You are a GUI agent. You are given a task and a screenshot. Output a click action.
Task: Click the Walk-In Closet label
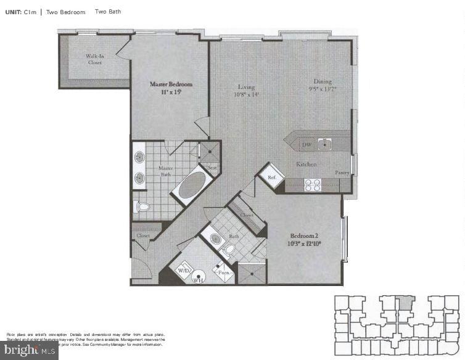point(95,59)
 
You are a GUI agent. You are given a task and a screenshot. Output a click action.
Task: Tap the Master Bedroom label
point(171,84)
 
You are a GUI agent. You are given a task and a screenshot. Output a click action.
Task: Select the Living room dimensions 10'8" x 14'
point(246,95)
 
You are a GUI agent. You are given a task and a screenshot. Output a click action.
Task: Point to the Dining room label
point(322,81)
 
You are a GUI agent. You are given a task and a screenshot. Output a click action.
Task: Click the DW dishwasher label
point(306,145)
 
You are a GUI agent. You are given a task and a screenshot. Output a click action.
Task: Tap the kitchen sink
point(324,145)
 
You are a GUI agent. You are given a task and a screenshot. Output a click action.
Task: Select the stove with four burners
point(312,184)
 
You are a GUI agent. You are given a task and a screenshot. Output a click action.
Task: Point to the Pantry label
point(342,173)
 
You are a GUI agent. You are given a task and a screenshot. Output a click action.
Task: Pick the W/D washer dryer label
point(184,271)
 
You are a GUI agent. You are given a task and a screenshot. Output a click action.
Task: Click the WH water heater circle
point(199,279)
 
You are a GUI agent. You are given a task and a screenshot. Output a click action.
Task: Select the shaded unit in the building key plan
point(404,302)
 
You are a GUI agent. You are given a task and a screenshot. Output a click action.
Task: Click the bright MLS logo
point(29,351)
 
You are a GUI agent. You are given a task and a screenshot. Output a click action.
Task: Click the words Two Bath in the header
point(107,12)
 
